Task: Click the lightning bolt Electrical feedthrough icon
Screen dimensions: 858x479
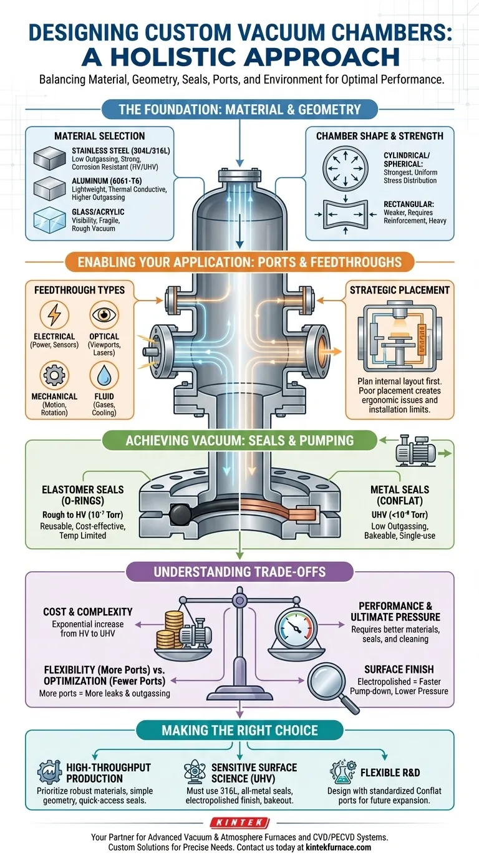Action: pyautogui.click(x=54, y=315)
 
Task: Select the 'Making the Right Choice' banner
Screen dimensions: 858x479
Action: pyautogui.click(x=239, y=730)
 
